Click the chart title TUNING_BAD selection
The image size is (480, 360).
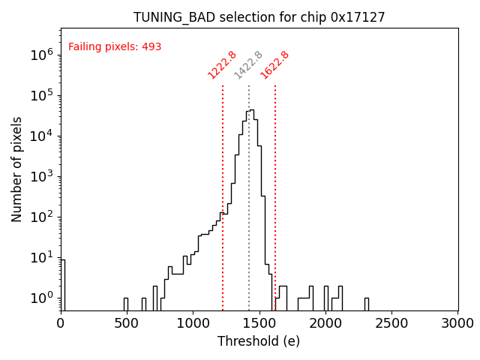259,17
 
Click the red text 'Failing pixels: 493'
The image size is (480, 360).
115,47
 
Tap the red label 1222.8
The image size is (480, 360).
223,65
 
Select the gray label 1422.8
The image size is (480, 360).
249,65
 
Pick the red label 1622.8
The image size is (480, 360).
275,65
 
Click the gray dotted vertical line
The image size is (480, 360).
249,187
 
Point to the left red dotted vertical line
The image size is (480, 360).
223,187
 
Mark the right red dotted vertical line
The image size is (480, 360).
275,187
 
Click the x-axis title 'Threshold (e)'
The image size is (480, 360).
259,341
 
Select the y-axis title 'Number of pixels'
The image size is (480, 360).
17,169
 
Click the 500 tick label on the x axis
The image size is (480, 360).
127,323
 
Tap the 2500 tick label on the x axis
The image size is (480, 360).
391,323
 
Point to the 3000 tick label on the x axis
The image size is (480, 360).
457,323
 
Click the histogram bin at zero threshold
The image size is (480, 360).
63,285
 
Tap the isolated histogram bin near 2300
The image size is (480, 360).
366,304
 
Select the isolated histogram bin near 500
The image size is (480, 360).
126,304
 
